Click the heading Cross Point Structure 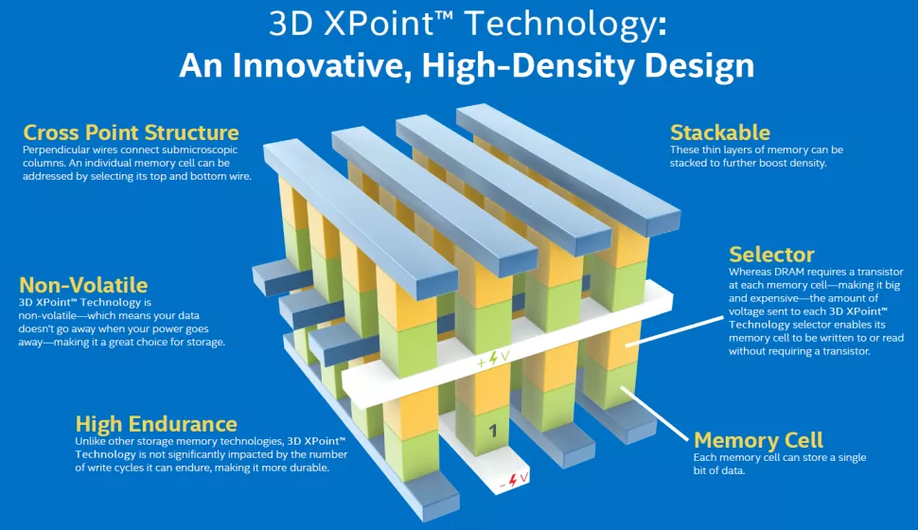click(131, 132)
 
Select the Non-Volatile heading click(83, 285)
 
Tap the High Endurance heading click(156, 423)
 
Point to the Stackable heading click(720, 132)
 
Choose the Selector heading click(771, 254)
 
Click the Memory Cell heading click(758, 439)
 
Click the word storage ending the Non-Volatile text click(203, 342)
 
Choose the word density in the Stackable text click(804, 164)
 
